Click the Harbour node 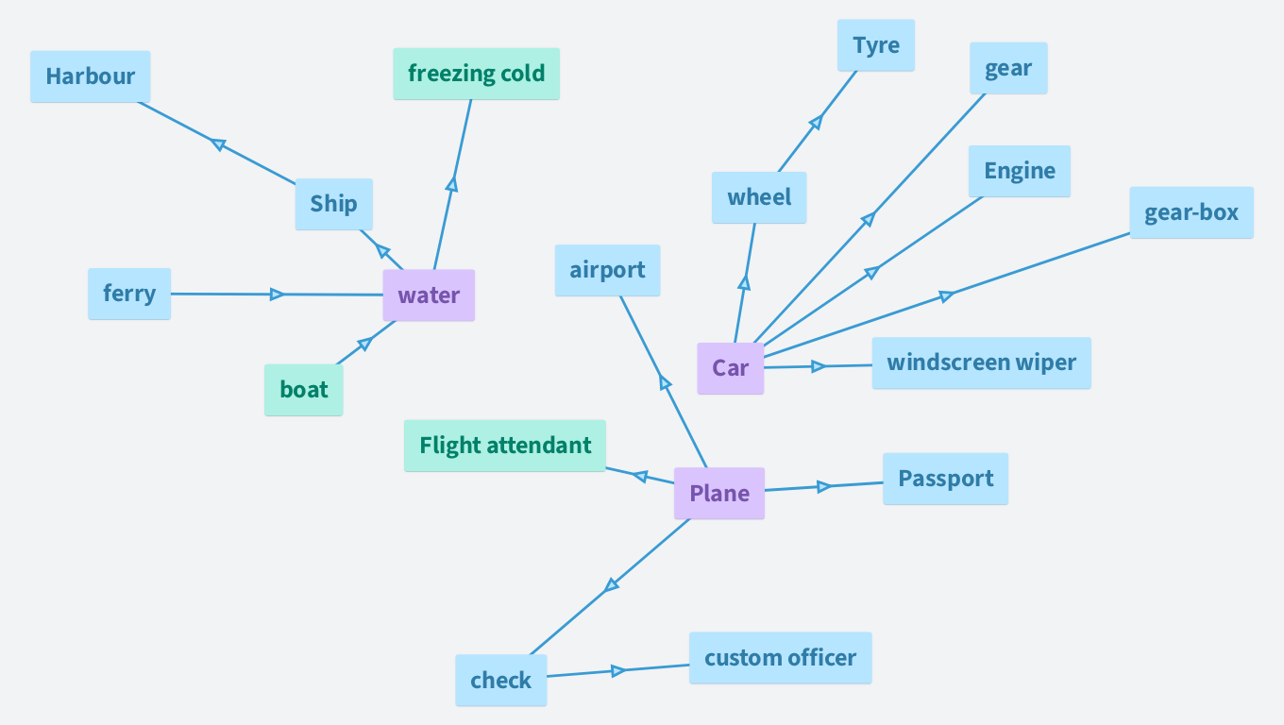point(90,76)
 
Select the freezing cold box point(476,74)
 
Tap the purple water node point(429,295)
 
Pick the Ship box point(333,204)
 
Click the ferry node point(129,294)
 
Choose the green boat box point(303,390)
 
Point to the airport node point(607,270)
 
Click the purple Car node point(730,368)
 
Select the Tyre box point(875,45)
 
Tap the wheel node point(759,197)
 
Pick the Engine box point(1019,171)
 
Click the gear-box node point(1191,212)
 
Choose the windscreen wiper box point(981,362)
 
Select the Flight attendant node point(504,446)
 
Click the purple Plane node point(718,493)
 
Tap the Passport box point(945,479)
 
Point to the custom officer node point(780,658)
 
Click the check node point(500,681)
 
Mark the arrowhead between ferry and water point(277,295)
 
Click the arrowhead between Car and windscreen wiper point(819,366)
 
